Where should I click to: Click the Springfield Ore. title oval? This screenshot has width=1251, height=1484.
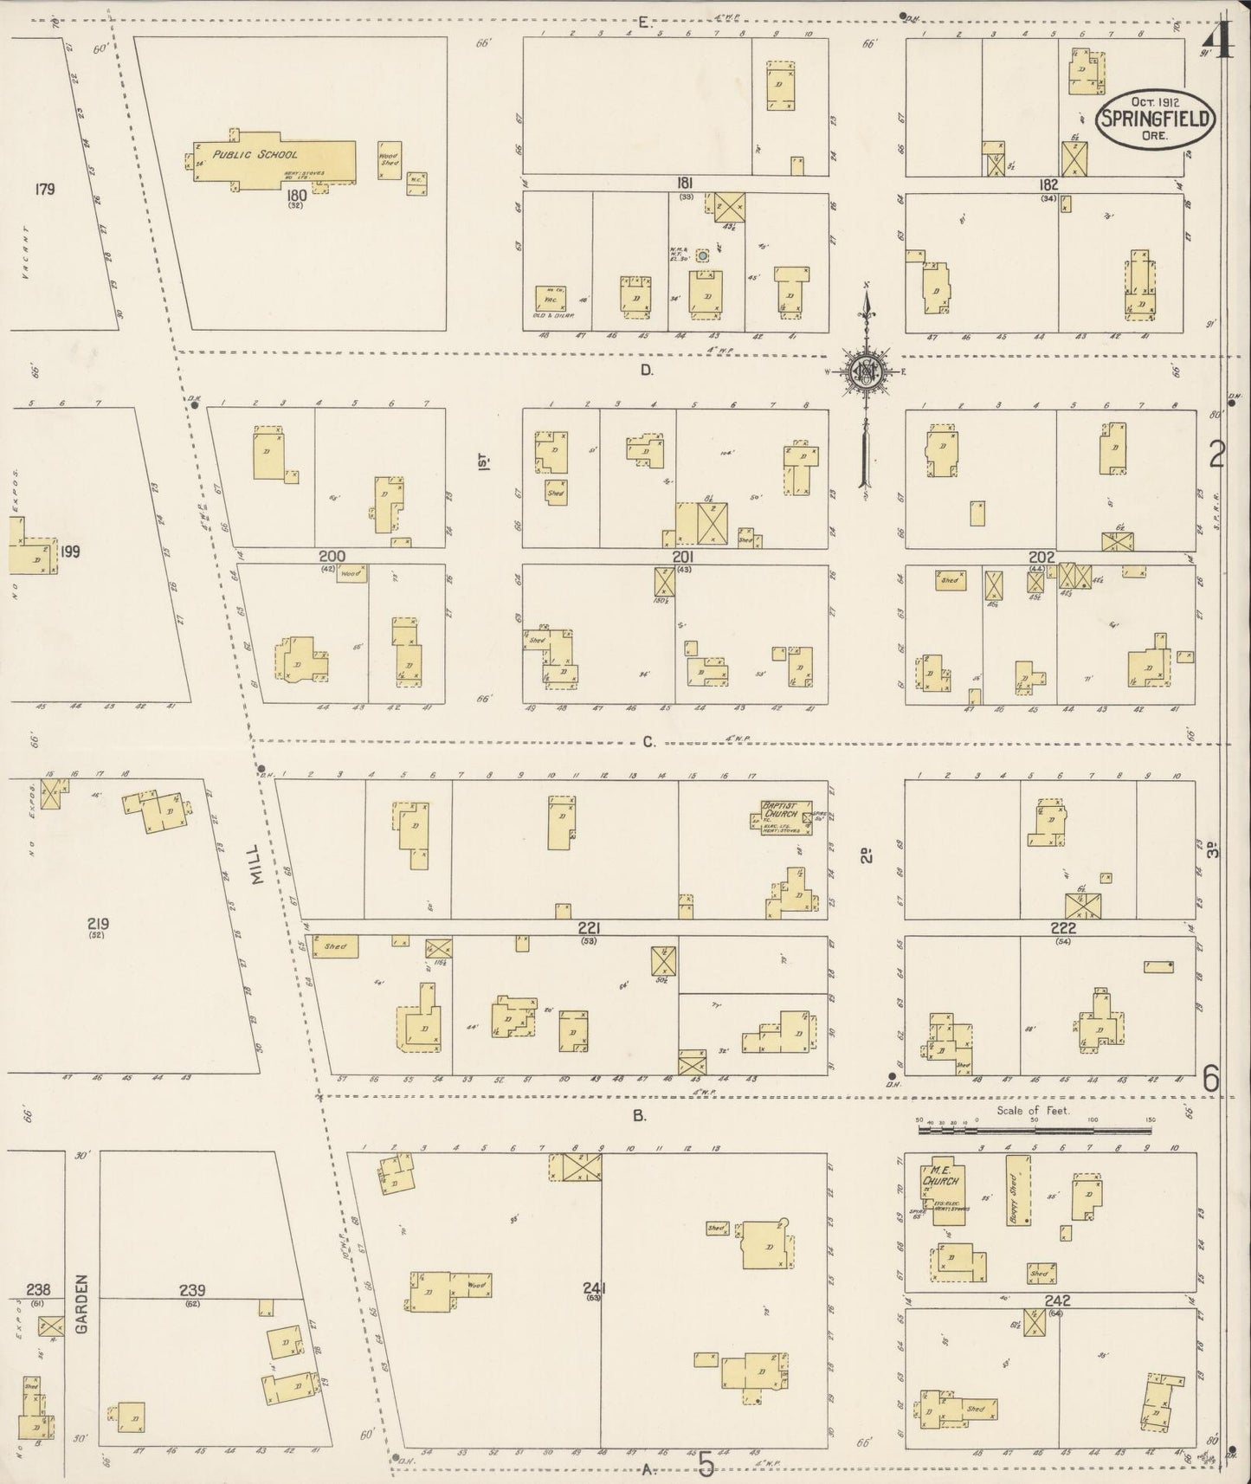pos(1155,119)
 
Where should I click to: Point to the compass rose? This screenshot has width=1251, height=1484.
pos(866,372)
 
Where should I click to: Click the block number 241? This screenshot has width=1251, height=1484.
pos(593,1287)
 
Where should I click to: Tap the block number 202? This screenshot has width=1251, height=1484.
pos(1041,557)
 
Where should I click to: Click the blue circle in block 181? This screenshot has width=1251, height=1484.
pos(702,255)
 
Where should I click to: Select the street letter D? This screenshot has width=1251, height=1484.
pos(646,371)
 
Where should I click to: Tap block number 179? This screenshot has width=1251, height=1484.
pos(45,188)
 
